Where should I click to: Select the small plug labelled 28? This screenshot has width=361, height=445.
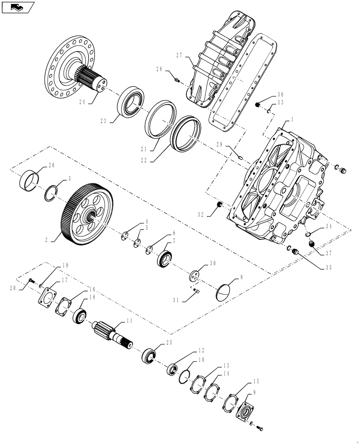point(177,81)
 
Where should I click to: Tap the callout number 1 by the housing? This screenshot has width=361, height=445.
point(292,119)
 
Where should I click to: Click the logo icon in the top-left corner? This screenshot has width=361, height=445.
point(18,7)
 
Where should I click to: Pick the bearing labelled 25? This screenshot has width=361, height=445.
point(149,356)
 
